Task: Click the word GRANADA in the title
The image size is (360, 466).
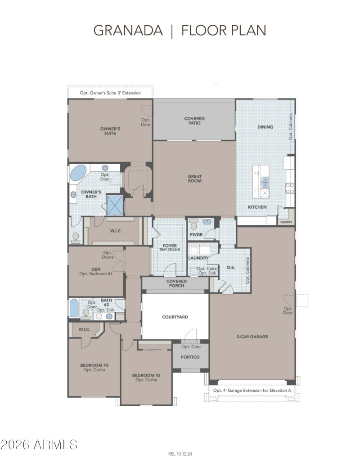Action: [128, 30]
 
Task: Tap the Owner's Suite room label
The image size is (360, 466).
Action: [108, 130]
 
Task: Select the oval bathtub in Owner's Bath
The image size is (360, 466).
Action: [79, 173]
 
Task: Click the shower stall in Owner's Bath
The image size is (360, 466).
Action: [114, 205]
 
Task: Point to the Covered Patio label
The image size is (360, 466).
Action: [194, 121]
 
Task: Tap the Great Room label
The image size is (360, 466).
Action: [194, 179]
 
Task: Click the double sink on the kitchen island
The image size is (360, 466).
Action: [265, 182]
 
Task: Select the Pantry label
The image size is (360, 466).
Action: [286, 222]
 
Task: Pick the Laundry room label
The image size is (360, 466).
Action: [198, 258]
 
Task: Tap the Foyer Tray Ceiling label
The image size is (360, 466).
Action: [169, 247]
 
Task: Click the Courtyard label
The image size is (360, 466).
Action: [175, 317]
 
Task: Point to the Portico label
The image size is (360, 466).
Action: [190, 357]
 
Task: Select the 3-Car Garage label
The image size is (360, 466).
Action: [252, 336]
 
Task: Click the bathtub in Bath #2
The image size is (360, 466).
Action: [74, 309]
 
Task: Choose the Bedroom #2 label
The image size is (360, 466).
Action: [146, 377]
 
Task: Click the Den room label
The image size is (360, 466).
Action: [95, 270]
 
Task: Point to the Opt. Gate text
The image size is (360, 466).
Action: [191, 346]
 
